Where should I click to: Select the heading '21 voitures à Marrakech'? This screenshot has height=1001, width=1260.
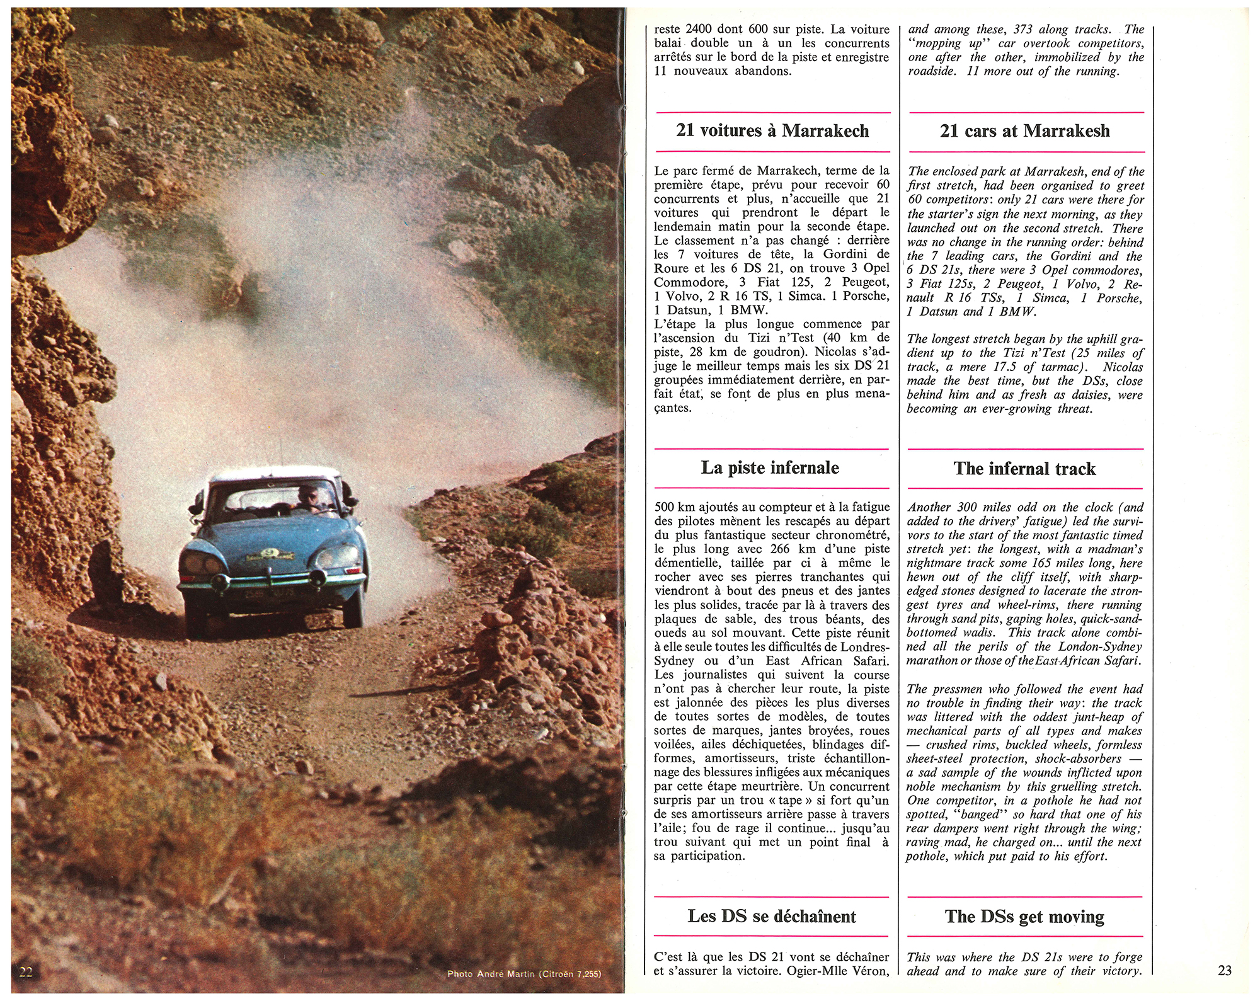click(772, 131)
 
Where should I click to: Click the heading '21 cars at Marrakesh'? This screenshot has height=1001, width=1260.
click(1024, 131)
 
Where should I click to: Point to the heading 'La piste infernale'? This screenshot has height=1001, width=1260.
click(770, 467)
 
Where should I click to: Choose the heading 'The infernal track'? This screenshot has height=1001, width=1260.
click(1024, 469)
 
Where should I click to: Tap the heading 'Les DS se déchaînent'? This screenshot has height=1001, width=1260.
click(772, 916)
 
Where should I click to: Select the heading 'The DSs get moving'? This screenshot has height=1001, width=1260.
click(1024, 917)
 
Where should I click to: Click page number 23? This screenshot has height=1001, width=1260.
click(1224, 970)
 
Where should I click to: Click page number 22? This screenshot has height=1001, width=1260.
click(26, 970)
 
